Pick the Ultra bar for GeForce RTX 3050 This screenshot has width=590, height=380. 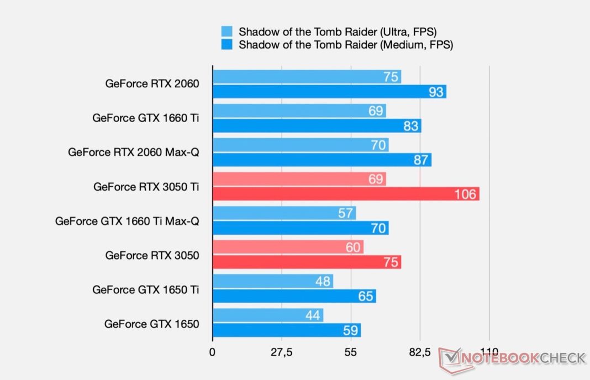point(288,247)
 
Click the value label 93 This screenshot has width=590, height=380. point(436,92)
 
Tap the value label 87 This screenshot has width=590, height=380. point(421,160)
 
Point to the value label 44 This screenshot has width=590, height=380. point(313,315)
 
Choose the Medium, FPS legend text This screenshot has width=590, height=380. point(346,45)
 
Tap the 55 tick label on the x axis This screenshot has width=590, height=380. point(351,352)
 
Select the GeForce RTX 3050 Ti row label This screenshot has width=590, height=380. point(146,187)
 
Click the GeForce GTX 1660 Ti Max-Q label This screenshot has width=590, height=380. point(127,221)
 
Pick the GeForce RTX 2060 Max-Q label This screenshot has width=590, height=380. point(133,152)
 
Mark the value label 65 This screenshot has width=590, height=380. point(365,296)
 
